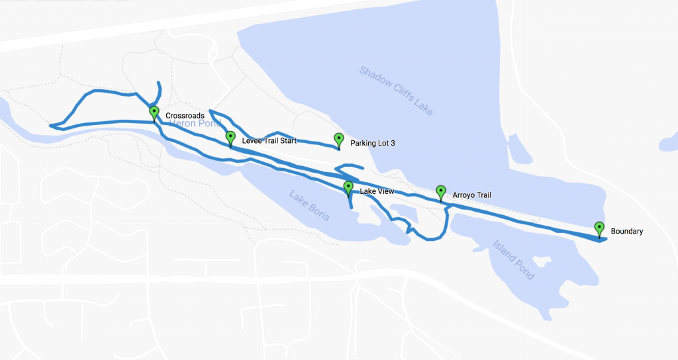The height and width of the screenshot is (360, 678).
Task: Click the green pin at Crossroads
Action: coord(154,112)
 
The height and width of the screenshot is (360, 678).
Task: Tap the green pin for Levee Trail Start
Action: coord(230,138)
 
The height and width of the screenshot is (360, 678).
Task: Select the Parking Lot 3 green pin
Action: coord(339,140)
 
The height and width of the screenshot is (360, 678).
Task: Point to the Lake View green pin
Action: coord(348,188)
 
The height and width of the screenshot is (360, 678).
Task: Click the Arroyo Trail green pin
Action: coord(441,192)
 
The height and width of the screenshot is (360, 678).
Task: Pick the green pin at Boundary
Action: coord(599,228)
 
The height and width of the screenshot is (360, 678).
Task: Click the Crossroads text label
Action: coord(185,116)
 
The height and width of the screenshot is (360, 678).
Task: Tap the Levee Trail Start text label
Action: coord(269,141)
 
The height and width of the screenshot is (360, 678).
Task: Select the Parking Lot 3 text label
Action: coord(372,143)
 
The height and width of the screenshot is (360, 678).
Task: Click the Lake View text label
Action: coord(377,192)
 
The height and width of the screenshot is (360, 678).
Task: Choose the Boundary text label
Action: coord(627,232)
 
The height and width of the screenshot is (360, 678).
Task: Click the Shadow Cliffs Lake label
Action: coord(397,91)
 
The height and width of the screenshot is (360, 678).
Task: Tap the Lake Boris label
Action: coord(309,205)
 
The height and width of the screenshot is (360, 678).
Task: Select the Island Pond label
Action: coord(513,259)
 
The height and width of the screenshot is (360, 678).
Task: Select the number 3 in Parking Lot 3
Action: coord(393,143)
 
